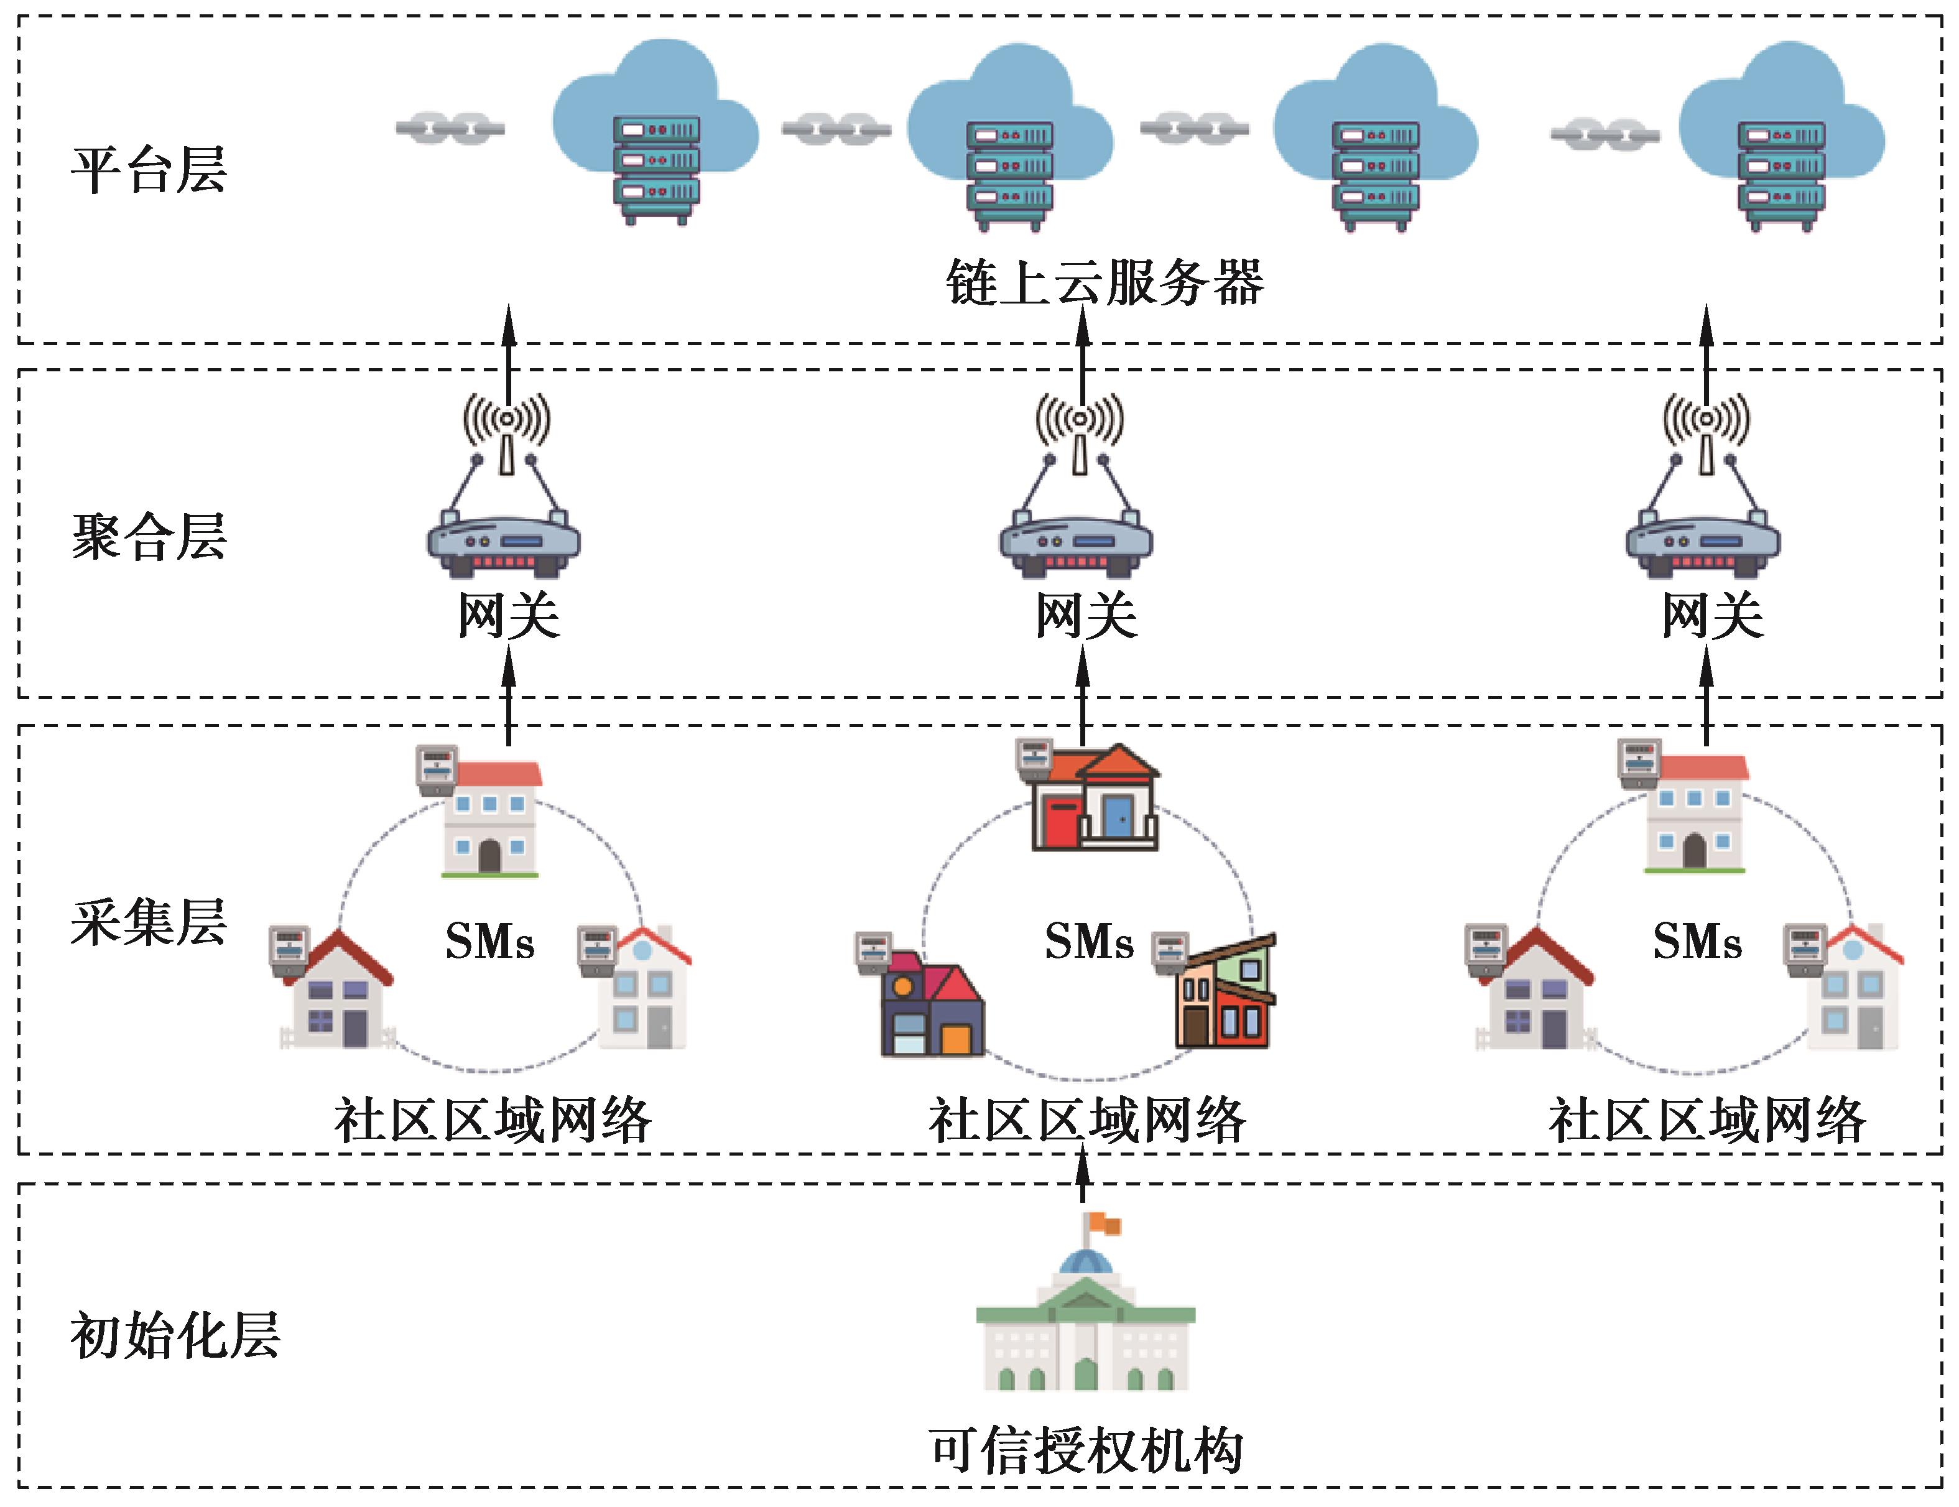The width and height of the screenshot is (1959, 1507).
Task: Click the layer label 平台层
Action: point(148,170)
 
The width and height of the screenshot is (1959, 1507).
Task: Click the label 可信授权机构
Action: point(1085,1450)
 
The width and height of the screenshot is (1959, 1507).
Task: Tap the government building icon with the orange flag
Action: point(1085,1310)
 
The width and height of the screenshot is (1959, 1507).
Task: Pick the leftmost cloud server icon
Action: point(655,134)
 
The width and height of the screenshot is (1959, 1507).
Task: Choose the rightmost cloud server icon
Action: point(1781,139)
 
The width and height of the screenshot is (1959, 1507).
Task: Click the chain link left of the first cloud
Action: point(450,128)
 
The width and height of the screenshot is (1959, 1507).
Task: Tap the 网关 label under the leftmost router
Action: point(509,616)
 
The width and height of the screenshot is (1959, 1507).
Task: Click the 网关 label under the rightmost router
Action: point(1711,616)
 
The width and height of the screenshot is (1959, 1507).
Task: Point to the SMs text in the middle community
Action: point(1089,942)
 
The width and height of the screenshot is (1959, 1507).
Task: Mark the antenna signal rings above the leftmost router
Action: point(507,419)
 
